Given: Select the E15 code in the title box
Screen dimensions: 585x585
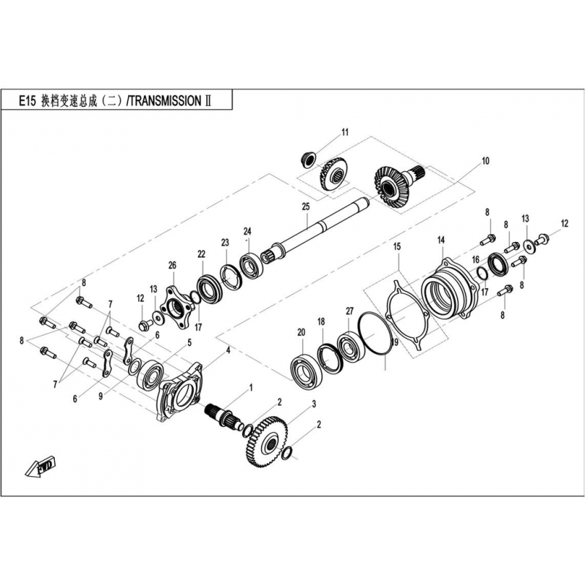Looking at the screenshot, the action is point(27,102).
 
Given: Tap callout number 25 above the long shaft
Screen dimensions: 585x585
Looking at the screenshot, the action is point(306,207).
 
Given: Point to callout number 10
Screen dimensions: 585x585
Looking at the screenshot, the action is point(485,161).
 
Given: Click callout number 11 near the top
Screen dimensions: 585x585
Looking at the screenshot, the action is point(344,132).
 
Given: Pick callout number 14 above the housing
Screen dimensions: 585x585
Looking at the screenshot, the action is point(441,241).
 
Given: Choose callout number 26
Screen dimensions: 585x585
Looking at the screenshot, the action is point(172,265).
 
